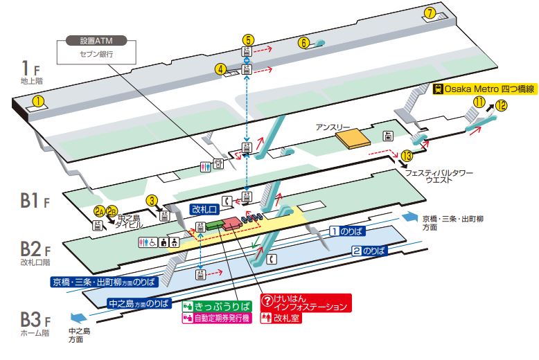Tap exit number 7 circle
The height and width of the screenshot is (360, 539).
pyautogui.click(x=430, y=12)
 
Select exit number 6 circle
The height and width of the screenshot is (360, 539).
pyautogui.click(x=303, y=43)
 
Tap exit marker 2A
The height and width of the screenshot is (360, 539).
pyautogui.click(x=99, y=212)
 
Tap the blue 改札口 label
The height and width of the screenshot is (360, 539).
pyautogui.click(x=205, y=208)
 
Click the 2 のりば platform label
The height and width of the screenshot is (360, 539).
pyautogui.click(x=368, y=250)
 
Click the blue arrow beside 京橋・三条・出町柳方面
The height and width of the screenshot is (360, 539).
pyautogui.click(x=410, y=216)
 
